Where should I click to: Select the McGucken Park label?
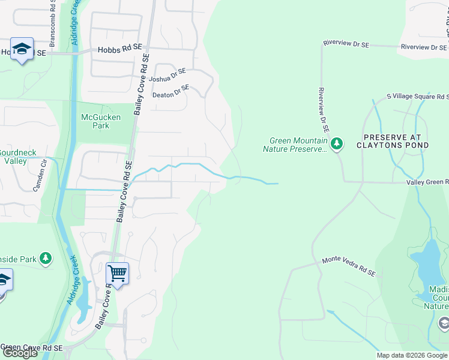[100, 122]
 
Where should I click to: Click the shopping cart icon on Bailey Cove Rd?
[117, 274]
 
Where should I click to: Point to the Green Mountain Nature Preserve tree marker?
[337, 143]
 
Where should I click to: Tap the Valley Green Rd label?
[427, 182]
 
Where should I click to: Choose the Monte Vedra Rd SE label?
[349, 266]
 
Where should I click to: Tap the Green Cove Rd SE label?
[33, 347]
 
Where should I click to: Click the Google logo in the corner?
[20, 353]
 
